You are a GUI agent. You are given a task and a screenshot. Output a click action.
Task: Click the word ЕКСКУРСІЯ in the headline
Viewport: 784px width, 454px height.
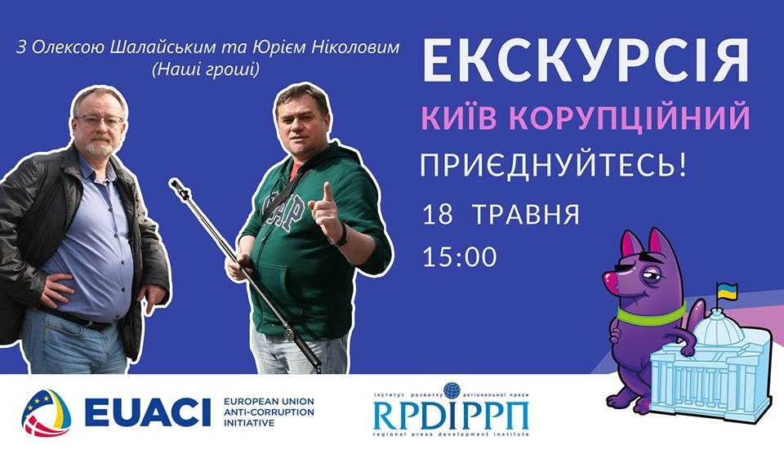click(586, 65)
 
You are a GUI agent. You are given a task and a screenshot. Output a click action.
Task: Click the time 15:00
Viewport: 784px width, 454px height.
click(460, 257)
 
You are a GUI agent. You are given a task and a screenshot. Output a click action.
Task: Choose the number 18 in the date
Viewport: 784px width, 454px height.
click(437, 216)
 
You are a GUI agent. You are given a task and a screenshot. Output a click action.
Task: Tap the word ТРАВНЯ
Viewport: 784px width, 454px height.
click(524, 216)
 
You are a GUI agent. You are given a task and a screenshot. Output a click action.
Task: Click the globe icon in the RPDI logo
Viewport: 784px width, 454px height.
click(452, 390)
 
